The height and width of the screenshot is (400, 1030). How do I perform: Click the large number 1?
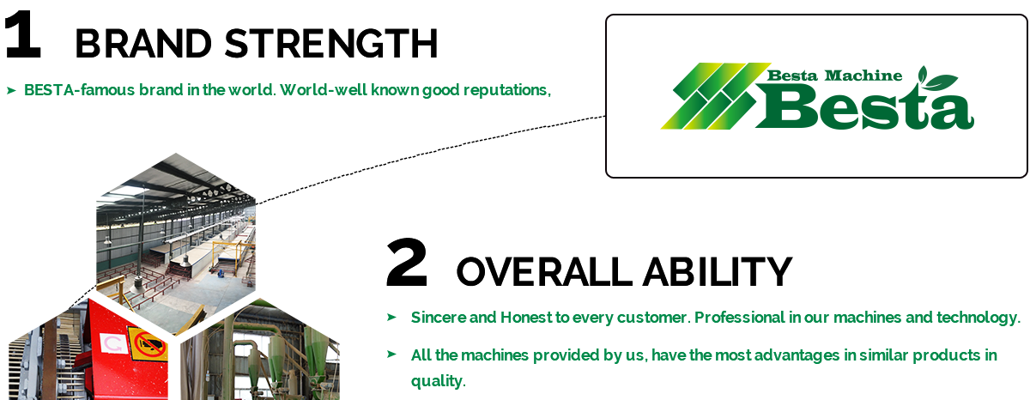coord(23,34)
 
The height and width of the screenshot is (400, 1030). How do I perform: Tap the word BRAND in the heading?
coord(143,43)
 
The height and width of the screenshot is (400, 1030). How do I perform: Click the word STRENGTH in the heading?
coord(331,43)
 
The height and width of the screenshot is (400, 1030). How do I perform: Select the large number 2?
coord(407,263)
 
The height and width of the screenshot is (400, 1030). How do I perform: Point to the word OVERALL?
coord(544,272)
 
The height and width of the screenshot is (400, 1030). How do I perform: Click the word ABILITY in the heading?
coord(718,272)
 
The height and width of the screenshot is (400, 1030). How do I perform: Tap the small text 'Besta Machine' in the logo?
coord(834,76)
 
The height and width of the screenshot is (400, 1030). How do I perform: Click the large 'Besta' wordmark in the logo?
coord(864,106)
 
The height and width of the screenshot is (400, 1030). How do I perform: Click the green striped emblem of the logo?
coord(716,95)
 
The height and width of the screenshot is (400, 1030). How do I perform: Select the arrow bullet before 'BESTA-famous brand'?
coord(11,91)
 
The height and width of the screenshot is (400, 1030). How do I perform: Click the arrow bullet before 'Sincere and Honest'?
coord(391,317)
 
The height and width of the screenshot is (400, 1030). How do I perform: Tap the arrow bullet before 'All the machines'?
coord(391,354)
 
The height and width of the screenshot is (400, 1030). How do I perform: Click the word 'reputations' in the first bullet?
coord(507,91)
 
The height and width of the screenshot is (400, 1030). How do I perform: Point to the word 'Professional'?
coord(739,318)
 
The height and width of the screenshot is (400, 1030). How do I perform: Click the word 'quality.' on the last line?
coord(439,381)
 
